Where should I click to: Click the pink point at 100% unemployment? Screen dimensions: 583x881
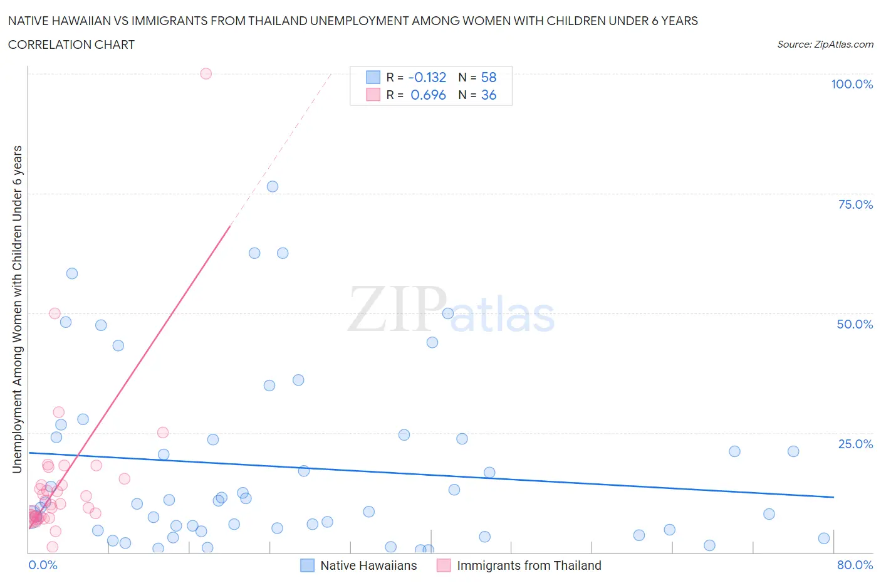point(206,73)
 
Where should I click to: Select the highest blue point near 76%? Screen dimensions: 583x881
point(273,186)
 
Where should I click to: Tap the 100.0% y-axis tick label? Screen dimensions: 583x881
point(852,84)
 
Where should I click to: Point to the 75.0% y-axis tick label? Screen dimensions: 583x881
point(855,204)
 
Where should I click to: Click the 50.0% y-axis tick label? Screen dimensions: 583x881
point(855,324)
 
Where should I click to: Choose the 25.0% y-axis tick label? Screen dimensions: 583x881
point(855,444)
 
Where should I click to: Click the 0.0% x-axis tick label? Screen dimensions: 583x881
point(43,565)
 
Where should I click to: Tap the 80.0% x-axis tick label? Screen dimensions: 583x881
point(855,565)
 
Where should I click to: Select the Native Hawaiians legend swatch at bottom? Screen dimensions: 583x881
point(307,565)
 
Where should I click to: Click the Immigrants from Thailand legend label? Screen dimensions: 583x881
point(529,565)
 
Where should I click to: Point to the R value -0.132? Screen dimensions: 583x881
point(427,77)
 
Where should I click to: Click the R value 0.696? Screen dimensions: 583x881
point(428,95)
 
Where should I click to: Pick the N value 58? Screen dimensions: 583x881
point(489,77)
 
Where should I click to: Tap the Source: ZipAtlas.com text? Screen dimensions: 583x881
point(825,44)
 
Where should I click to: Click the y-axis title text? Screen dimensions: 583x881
point(17,309)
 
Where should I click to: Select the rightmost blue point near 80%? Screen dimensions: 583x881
point(824,538)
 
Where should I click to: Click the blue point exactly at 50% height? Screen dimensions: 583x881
point(448,313)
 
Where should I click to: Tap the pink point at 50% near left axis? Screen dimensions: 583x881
point(55,313)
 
